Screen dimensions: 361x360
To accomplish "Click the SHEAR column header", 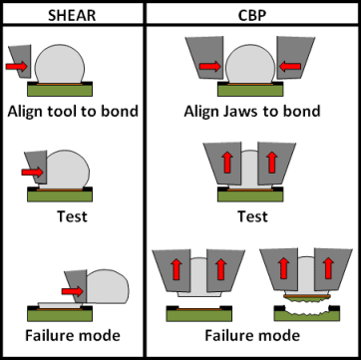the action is click(x=72, y=15).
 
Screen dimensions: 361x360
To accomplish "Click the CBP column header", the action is click(x=252, y=15).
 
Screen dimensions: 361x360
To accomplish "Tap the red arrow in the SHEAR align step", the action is click(x=16, y=66).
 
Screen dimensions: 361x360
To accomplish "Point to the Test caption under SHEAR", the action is click(x=72, y=216).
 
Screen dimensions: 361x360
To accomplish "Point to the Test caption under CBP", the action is click(x=252, y=216).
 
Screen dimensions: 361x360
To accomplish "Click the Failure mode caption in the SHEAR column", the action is click(x=73, y=335).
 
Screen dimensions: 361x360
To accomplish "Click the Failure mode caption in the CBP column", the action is click(x=252, y=335).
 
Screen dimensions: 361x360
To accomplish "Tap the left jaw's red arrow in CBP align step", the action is click(x=210, y=66).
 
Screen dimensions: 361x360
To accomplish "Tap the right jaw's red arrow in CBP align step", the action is click(x=290, y=66).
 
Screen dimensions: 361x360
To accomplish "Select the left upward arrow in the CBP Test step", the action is click(x=227, y=163).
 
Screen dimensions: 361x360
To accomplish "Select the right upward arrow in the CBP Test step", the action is click(x=272, y=163).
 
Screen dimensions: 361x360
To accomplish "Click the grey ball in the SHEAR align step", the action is click(x=60, y=64).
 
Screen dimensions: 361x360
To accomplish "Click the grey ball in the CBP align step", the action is click(x=250, y=64).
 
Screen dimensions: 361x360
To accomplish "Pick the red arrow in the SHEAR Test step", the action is click(x=32, y=172).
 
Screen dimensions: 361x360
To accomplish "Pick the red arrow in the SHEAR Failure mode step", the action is click(x=72, y=291).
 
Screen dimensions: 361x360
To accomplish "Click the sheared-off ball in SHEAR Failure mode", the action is click(x=107, y=286).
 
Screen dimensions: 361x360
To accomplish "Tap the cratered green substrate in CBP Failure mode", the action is click(x=306, y=314).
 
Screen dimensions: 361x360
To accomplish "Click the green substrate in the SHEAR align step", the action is click(x=60, y=91).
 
